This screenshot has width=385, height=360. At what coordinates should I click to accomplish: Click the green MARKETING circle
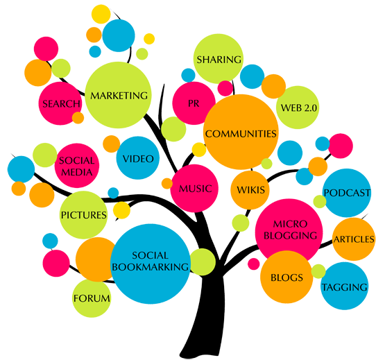click(x=118, y=95)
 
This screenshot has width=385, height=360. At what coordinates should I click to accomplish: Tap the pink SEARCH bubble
click(x=60, y=103)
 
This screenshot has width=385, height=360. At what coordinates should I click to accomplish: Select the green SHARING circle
click(x=219, y=59)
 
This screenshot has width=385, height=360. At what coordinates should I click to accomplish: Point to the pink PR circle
click(x=194, y=103)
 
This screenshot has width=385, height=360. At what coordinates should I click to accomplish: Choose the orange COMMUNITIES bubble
click(x=241, y=132)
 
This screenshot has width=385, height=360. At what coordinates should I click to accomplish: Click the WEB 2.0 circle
click(x=298, y=108)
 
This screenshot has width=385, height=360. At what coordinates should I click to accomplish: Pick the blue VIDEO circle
click(x=138, y=158)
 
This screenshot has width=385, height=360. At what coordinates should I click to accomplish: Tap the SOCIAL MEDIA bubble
click(x=77, y=166)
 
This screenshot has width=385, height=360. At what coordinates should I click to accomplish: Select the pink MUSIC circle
click(x=194, y=189)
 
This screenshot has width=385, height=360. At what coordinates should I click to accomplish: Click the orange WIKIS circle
click(x=250, y=190)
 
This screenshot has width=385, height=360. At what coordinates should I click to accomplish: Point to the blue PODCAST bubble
click(x=347, y=193)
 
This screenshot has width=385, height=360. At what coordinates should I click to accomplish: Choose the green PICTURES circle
click(x=83, y=215)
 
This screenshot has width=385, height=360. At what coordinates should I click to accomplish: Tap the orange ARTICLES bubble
click(x=354, y=239)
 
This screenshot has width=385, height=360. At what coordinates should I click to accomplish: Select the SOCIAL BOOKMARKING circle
click(x=151, y=264)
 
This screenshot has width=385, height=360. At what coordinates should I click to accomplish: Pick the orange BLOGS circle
click(x=286, y=277)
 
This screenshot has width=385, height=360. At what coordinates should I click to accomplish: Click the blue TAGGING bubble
click(x=345, y=286)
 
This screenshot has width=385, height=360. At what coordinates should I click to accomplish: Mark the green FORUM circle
click(x=92, y=298)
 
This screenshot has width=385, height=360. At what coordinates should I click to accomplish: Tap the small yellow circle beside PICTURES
click(x=121, y=210)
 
